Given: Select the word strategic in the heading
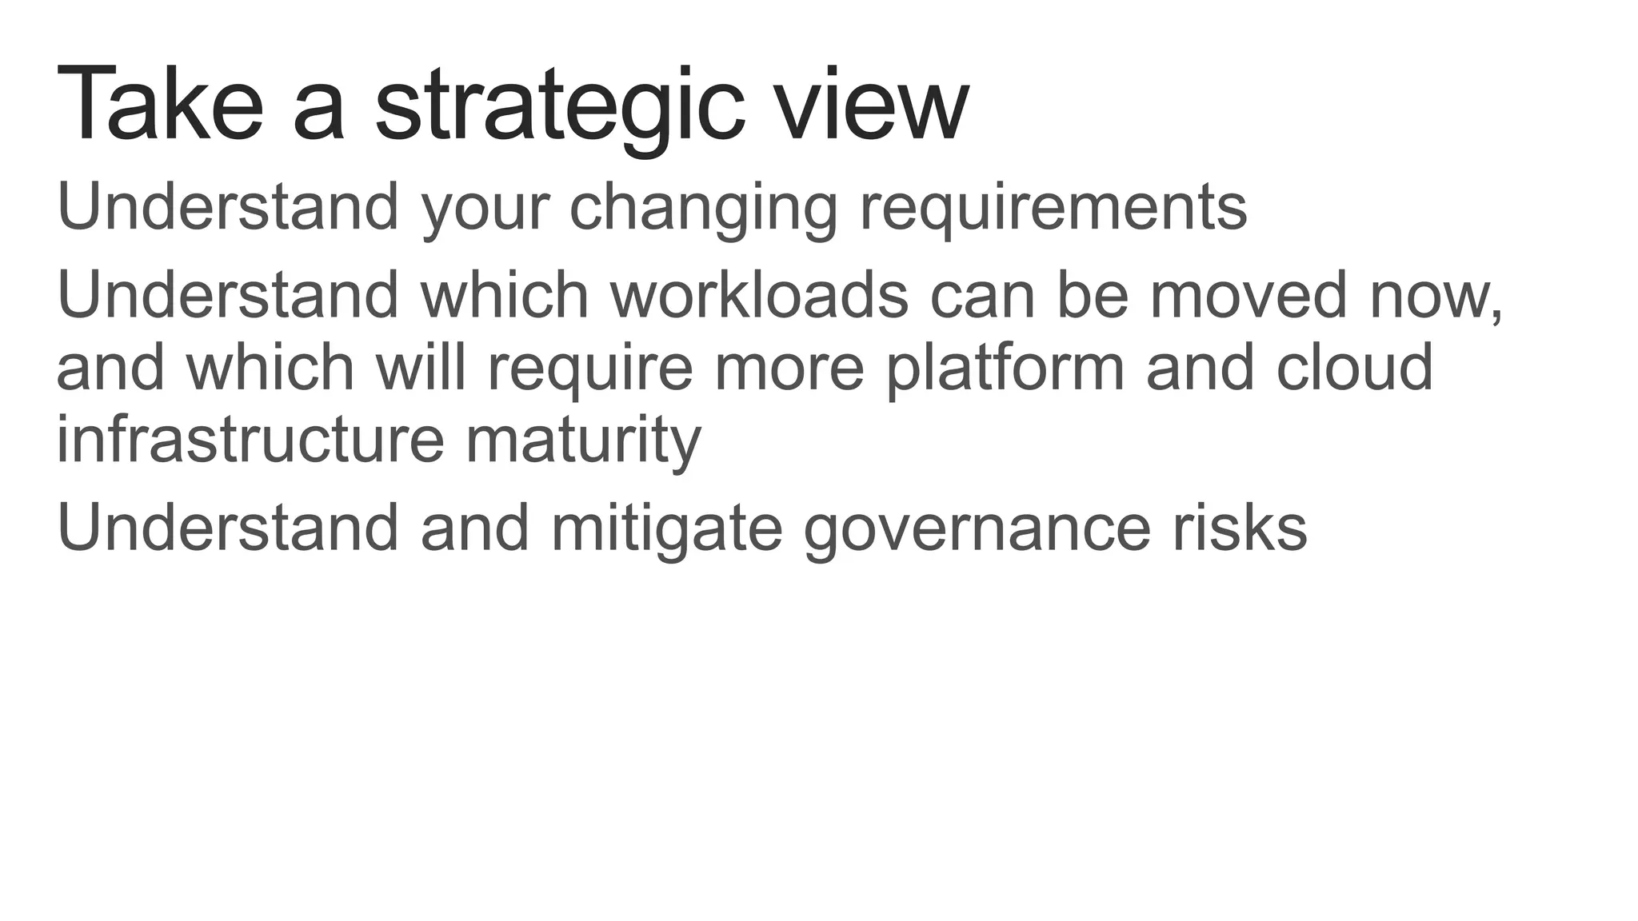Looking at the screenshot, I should (560, 108).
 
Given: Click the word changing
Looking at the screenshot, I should (703, 208).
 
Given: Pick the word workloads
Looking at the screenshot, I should (759, 295).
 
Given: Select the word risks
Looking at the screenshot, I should (1240, 528).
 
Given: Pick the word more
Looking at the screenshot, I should (789, 369).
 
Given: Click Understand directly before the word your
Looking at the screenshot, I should (228, 207).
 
